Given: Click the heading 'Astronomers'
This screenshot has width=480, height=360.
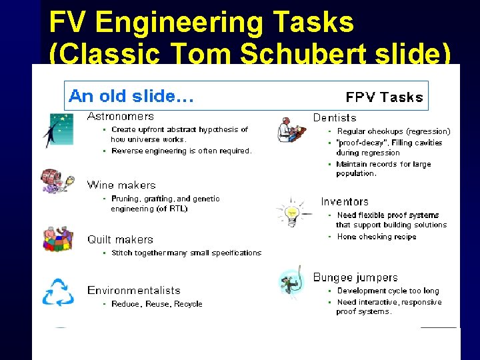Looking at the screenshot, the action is point(121,117).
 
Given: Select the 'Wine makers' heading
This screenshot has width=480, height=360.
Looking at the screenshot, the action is point(121,185).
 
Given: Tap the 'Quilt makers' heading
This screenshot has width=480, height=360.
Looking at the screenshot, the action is point(120,239).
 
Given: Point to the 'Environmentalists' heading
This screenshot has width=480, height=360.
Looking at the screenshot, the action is point(133,290).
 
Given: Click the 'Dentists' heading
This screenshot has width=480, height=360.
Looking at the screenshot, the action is point(335,117).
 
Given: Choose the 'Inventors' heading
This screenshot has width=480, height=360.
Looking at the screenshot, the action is point(344,201).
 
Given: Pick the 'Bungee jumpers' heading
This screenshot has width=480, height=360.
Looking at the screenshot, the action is point(355,277).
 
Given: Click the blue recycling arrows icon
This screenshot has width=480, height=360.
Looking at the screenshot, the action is point(58,293).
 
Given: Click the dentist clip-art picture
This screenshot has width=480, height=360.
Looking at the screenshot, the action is point(291,129).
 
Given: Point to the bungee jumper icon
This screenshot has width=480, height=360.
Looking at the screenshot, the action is point(291,284).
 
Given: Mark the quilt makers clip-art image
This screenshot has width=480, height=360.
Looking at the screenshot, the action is point(57,239).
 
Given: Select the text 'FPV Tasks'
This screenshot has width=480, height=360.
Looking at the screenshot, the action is point(384,97).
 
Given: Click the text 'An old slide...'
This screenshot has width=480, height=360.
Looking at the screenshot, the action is point(131,96).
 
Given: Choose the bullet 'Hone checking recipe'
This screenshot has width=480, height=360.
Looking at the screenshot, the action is point(376,237).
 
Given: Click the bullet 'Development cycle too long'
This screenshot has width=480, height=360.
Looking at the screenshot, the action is point(387,291).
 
